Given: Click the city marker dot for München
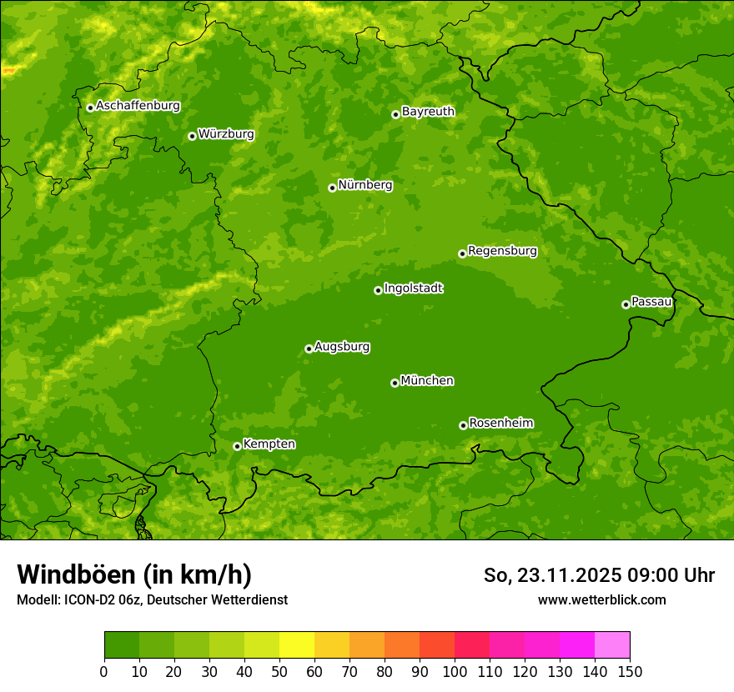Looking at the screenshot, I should [x=395, y=383].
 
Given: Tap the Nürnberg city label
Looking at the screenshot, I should [x=364, y=185].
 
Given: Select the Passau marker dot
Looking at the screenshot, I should [x=626, y=304].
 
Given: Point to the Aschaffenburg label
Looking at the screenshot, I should [x=138, y=106].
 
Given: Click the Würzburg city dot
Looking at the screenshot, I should [x=192, y=136].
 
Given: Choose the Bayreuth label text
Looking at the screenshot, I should [x=428, y=112].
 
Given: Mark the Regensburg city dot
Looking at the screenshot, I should [x=462, y=253].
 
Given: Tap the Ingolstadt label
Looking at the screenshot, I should [x=413, y=288].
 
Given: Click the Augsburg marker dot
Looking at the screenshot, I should [x=309, y=349].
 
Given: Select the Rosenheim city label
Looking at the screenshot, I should [x=500, y=423].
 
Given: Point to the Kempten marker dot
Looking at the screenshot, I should [x=237, y=446].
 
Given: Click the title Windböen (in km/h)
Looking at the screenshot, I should [x=134, y=574].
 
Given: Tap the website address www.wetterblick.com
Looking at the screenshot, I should [x=601, y=599].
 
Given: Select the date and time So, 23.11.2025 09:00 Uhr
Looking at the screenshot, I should [x=599, y=575].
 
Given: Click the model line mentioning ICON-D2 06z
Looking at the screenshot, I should [x=152, y=599].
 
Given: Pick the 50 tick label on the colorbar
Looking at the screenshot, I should [x=279, y=671].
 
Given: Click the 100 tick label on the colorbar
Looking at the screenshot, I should [x=455, y=671].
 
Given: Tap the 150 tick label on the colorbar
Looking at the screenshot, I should [x=630, y=671].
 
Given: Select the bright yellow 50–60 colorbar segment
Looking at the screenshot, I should [x=296, y=645].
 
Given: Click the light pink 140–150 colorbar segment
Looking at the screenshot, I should [x=611, y=645].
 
